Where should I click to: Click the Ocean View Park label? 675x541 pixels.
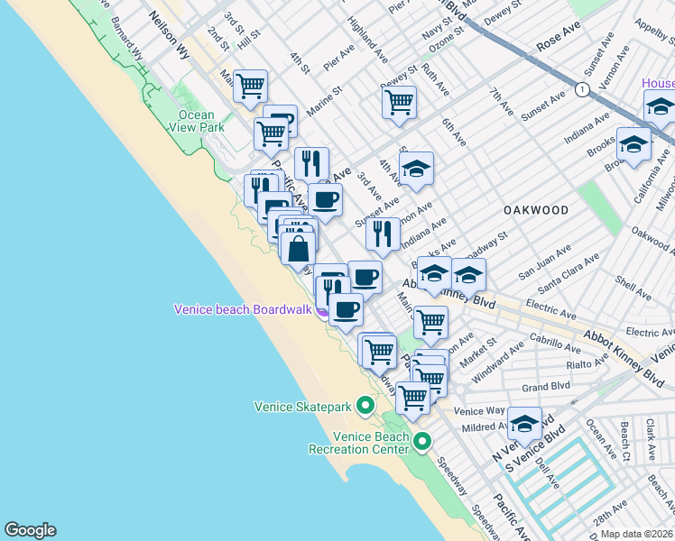[196, 121]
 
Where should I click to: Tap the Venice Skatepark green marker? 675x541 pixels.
[365, 406]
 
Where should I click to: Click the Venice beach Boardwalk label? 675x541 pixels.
[242, 310]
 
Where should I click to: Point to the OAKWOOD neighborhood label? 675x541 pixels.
[536, 210]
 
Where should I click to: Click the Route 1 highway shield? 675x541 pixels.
[583, 88]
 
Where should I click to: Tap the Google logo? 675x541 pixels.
[30, 530]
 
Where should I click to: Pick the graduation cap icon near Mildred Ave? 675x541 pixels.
[524, 421]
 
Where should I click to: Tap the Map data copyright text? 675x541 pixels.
[637, 534]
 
